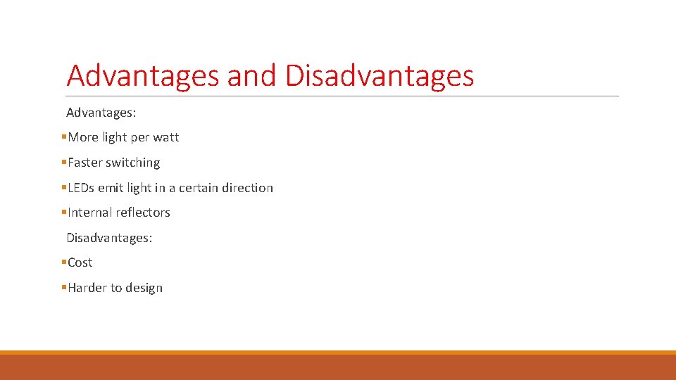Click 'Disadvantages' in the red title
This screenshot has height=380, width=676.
point(380,76)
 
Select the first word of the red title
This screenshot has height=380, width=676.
point(142,76)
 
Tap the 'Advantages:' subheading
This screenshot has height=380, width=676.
point(101,113)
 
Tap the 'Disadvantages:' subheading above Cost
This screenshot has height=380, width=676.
point(109,238)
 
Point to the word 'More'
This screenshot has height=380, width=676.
point(83,137)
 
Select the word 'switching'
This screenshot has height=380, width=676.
point(133,163)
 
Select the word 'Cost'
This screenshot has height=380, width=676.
point(80,262)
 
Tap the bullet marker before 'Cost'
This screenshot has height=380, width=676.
point(63,262)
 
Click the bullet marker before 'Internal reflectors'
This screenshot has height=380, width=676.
point(63,213)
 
